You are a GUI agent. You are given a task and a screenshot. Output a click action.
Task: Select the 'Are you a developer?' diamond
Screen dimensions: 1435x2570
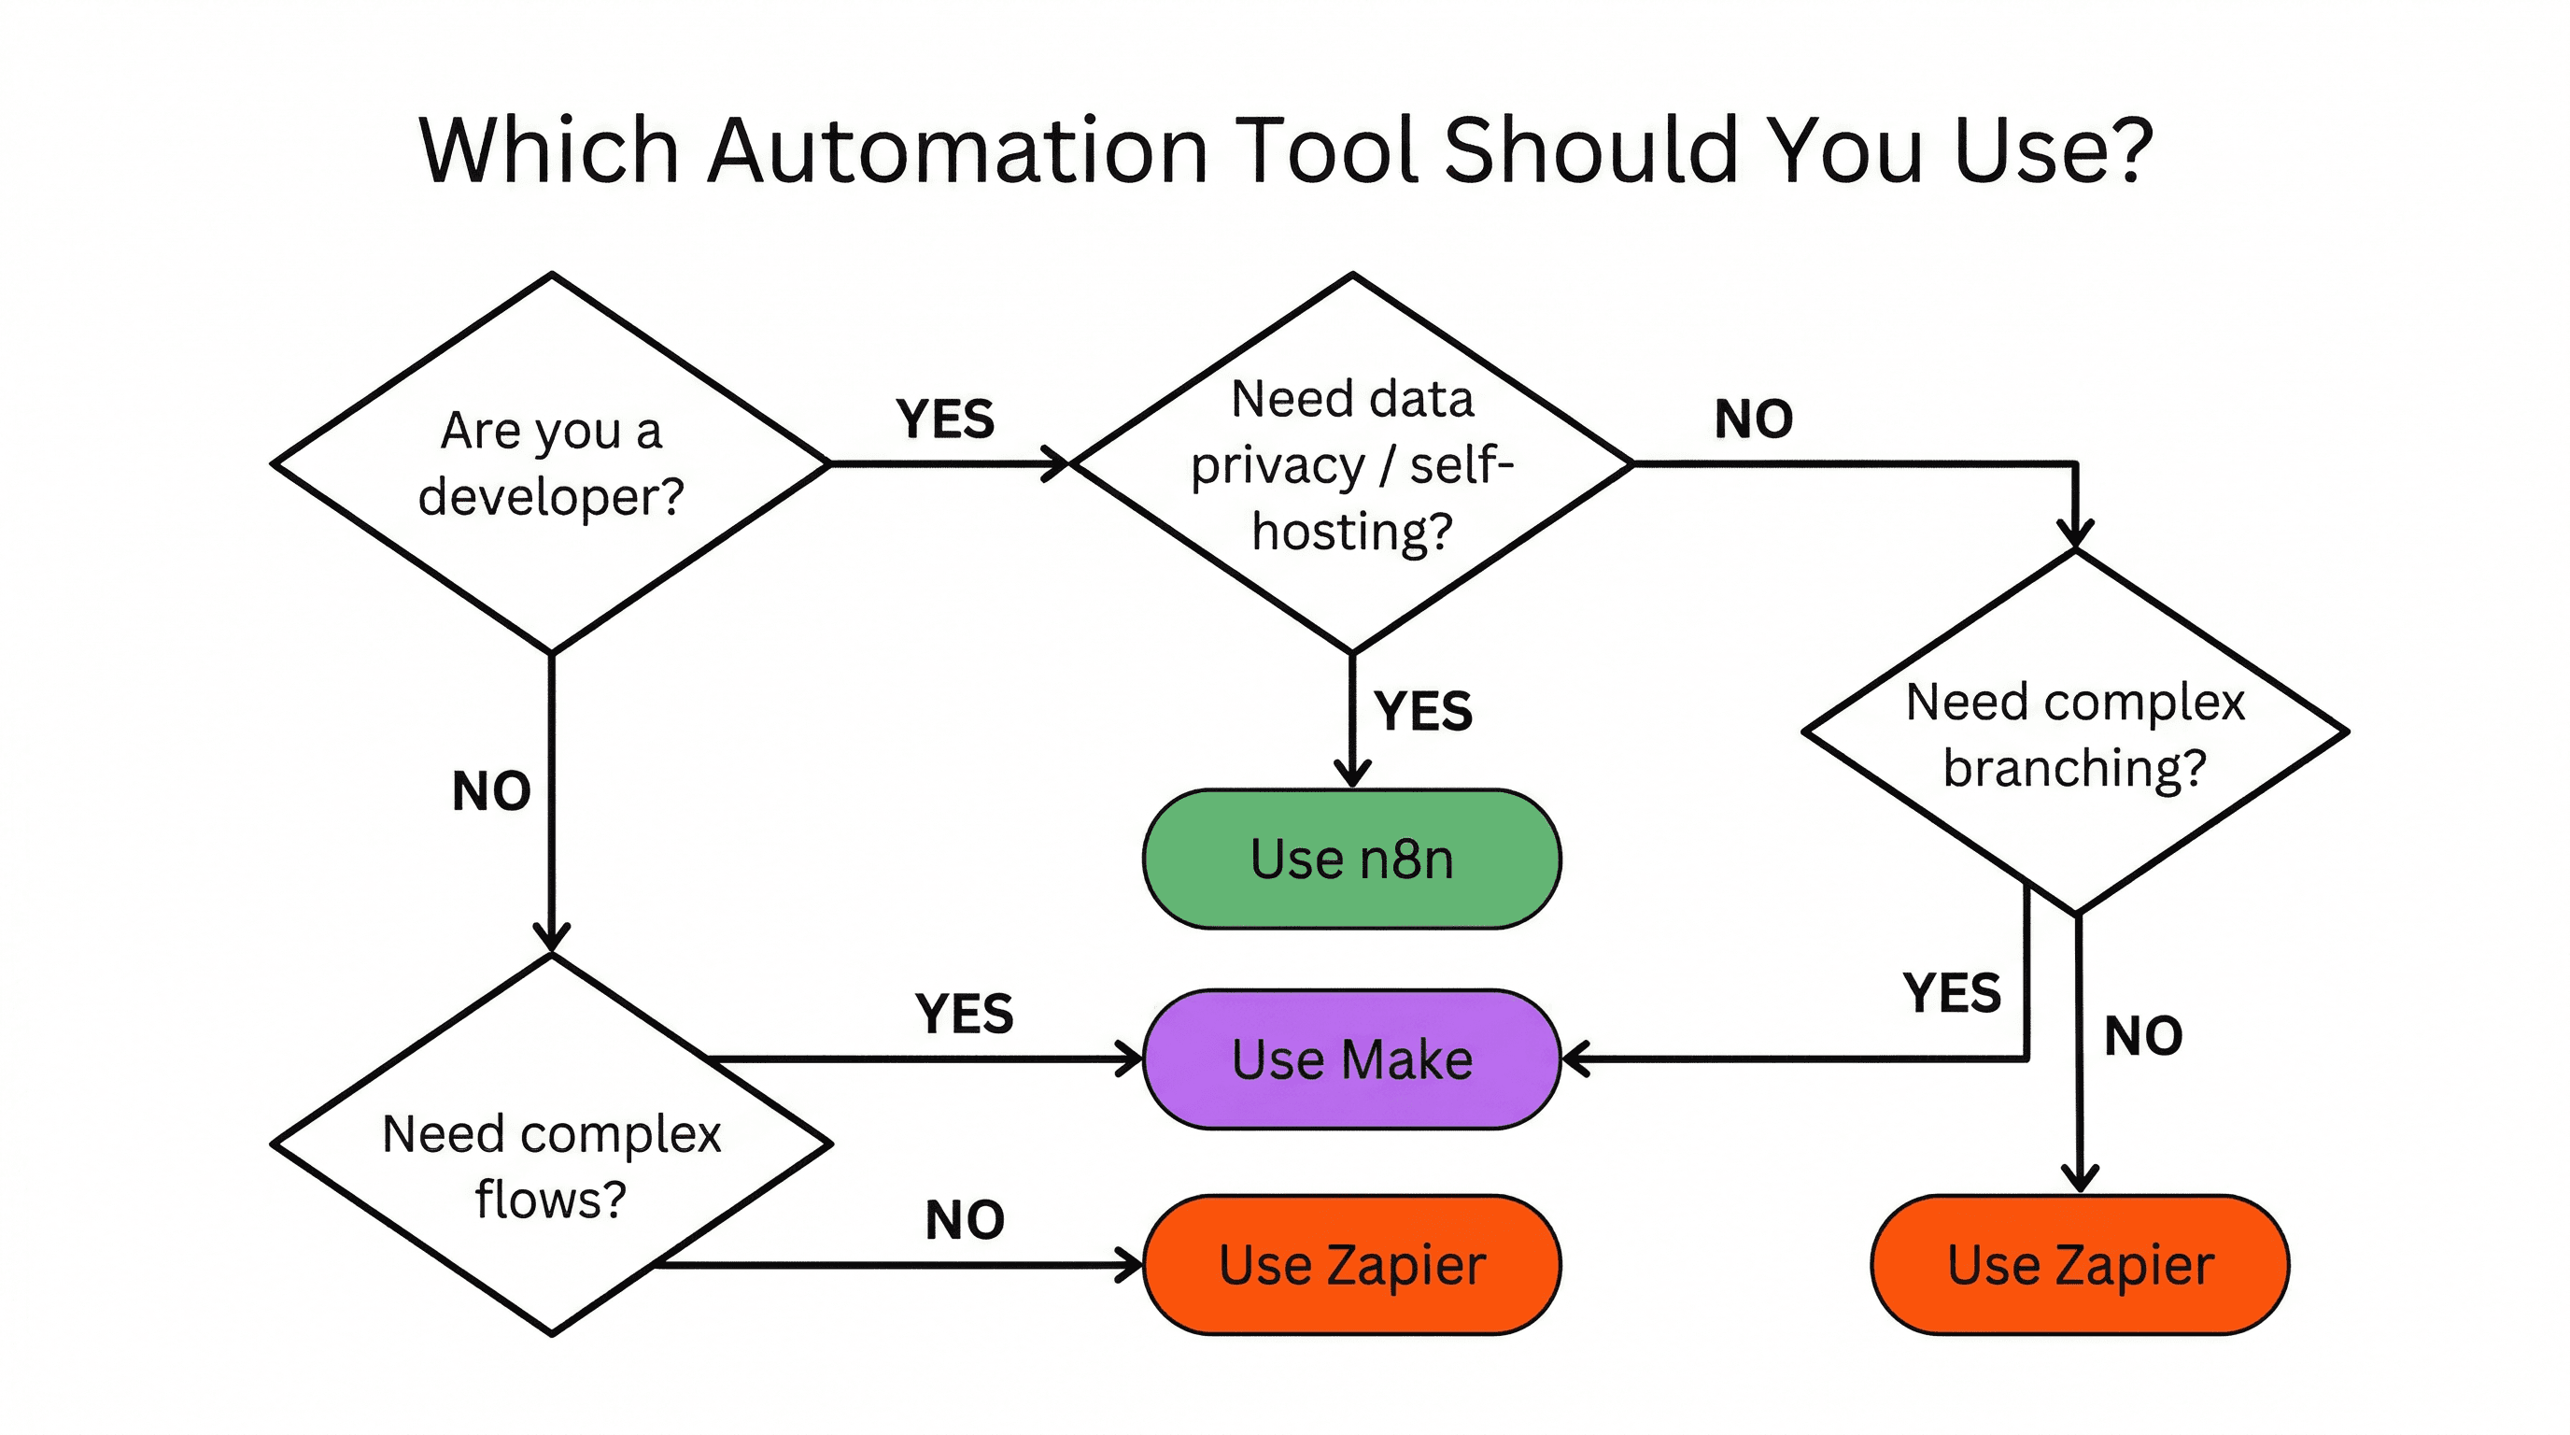[551, 463]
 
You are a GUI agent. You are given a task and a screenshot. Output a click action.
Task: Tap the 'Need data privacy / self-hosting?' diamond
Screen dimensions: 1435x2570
[1352, 463]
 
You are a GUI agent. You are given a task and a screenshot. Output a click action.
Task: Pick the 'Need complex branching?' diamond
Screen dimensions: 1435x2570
[2075, 732]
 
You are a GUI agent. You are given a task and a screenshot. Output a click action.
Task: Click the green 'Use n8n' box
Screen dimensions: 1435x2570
[1352, 860]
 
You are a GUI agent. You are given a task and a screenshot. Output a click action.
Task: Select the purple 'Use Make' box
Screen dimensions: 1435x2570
[1352, 1058]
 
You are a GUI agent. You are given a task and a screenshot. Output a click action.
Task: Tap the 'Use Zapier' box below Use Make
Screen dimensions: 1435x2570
[1352, 1264]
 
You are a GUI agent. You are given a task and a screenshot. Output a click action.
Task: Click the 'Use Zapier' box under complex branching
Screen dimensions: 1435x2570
[2080, 1264]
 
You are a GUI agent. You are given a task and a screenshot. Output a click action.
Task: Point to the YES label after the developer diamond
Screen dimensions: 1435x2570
[945, 419]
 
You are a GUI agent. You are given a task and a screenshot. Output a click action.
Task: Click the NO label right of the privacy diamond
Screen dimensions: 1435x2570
[1753, 419]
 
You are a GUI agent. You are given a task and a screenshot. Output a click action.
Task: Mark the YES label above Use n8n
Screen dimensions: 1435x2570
[1422, 711]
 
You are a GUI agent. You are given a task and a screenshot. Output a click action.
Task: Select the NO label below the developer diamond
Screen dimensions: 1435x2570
[491, 790]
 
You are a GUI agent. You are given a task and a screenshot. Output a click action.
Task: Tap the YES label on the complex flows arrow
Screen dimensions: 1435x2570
[964, 1013]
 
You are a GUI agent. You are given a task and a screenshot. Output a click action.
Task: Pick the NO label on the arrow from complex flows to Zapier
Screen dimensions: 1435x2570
[964, 1219]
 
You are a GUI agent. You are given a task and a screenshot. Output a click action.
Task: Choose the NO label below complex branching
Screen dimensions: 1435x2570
[2143, 1036]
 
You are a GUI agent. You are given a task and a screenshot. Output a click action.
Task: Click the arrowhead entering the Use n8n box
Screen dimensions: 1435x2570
[1352, 775]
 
